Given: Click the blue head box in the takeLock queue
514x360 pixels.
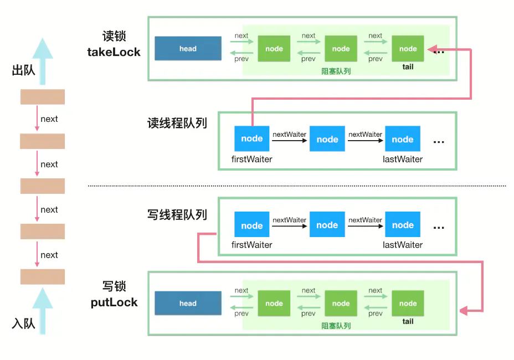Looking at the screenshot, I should [x=188, y=49].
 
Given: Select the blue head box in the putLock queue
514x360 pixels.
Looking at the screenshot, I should [x=188, y=304].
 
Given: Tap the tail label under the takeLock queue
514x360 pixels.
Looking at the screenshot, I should [x=408, y=66].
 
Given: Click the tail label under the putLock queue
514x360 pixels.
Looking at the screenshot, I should [x=408, y=321].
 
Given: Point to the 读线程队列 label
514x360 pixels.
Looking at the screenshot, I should [x=177, y=123].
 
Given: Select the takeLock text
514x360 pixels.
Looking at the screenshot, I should [x=114, y=53].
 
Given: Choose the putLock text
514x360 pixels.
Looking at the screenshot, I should [x=114, y=302].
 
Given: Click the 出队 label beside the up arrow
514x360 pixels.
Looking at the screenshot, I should [x=23, y=71].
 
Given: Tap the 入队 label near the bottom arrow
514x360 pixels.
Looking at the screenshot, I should [x=23, y=323].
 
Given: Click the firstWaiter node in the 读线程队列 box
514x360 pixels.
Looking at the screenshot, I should [x=252, y=138].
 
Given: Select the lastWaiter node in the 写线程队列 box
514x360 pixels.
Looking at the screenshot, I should [x=403, y=225].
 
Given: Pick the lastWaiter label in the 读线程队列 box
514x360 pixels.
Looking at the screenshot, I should [x=403, y=160].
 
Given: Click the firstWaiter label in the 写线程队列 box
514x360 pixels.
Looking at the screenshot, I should [x=252, y=245].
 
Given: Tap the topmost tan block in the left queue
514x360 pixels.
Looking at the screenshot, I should [x=43, y=97].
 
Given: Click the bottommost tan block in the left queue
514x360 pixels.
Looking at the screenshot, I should [x=43, y=277].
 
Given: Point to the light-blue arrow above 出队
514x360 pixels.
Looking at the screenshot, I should [x=43, y=55].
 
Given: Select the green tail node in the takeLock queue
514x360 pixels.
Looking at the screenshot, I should [x=408, y=49].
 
